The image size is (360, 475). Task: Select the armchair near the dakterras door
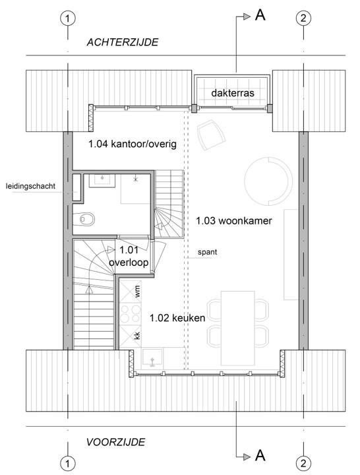pos(211,135)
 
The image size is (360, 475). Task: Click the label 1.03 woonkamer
pos(234,221)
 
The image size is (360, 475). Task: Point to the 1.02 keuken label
pos(177,318)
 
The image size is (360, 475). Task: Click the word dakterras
pos(233,93)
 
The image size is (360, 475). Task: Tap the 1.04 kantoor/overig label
pos(133,144)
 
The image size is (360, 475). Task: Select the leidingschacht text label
pos(30,186)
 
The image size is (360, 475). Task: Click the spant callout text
pos(208,252)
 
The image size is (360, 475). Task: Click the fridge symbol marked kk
pos(130,336)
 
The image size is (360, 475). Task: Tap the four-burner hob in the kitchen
pos(130,314)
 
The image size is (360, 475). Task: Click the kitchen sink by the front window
pos(153,358)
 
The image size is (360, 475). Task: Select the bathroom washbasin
pos(102,181)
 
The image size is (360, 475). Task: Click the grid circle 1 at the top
pos(67,18)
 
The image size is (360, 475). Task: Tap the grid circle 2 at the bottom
pos(303,463)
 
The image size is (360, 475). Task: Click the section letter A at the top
pos(260,15)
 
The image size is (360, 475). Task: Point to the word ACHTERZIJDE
pos(123,42)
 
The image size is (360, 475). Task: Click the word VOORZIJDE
pos(115,442)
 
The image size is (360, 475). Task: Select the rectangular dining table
pos(237,328)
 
